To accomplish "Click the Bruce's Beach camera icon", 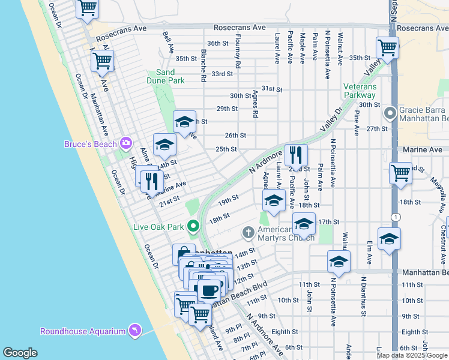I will coord(125,143).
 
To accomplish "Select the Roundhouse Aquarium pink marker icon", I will coord(135,331).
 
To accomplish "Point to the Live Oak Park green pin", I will coord(193,226).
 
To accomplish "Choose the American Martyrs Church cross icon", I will coord(248,232).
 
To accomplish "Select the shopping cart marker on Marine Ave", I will coord(400,173).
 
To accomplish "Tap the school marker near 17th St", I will coord(304,225).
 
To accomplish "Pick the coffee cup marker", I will coord(209,291).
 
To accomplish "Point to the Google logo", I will coord(20,353).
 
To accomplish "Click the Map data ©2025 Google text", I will coord(412,355).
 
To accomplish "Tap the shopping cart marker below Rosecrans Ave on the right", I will coord(387,49).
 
